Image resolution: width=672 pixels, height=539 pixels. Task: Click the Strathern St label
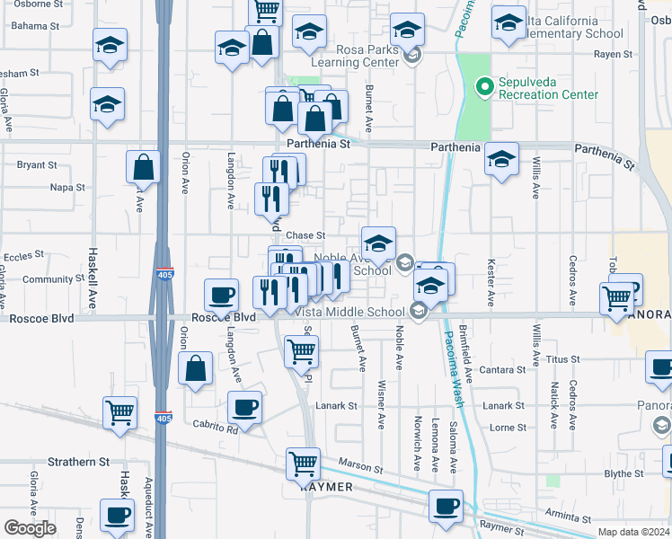pyautogui.click(x=78, y=462)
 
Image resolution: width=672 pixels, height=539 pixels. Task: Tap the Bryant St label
pyautogui.click(x=37, y=165)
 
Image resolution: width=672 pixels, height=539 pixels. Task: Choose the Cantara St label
pyautogui.click(x=502, y=369)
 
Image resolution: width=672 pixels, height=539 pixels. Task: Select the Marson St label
pyautogui.click(x=360, y=468)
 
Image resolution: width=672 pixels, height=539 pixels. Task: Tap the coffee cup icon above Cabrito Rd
pyautogui.click(x=244, y=407)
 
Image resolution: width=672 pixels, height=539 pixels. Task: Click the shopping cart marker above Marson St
pyautogui.click(x=304, y=464)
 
